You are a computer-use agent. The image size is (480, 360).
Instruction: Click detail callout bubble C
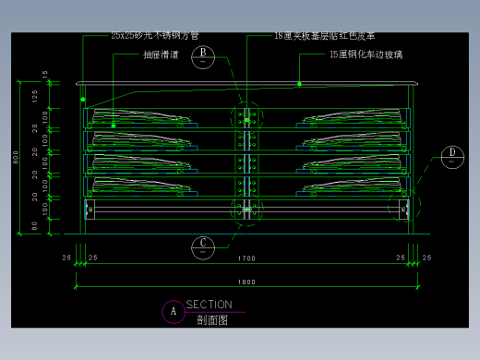pyautogui.click(x=203, y=246)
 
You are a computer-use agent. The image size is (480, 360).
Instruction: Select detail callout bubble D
pyautogui.click(x=452, y=155)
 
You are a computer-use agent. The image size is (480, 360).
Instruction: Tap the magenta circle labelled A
pyautogui.click(x=173, y=311)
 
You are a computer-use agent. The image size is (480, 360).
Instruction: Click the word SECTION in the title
pyautogui.click(x=209, y=305)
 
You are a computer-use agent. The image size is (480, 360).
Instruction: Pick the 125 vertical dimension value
pyautogui.click(x=34, y=95)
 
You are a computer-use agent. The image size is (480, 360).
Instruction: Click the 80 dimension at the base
pyautogui.click(x=34, y=224)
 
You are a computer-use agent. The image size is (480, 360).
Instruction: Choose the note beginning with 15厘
pyautogui.click(x=366, y=54)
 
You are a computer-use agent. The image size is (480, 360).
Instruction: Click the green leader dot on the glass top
pyautogui.click(x=300, y=84)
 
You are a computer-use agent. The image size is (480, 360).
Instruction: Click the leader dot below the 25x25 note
pyautogui.click(x=83, y=98)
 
